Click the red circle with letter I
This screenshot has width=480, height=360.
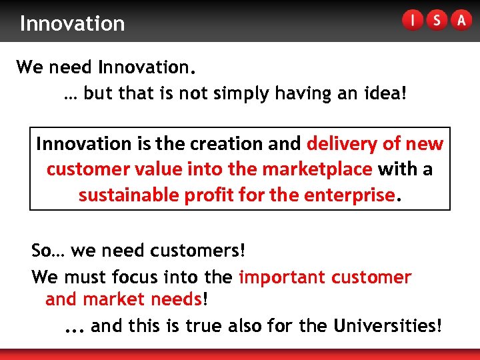[413, 21]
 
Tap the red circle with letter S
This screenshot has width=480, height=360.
[437, 21]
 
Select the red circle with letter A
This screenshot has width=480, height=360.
[461, 21]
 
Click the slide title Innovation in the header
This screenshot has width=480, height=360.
[72, 23]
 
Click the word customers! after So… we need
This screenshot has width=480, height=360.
[198, 251]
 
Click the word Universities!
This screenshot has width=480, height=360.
[387, 326]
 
